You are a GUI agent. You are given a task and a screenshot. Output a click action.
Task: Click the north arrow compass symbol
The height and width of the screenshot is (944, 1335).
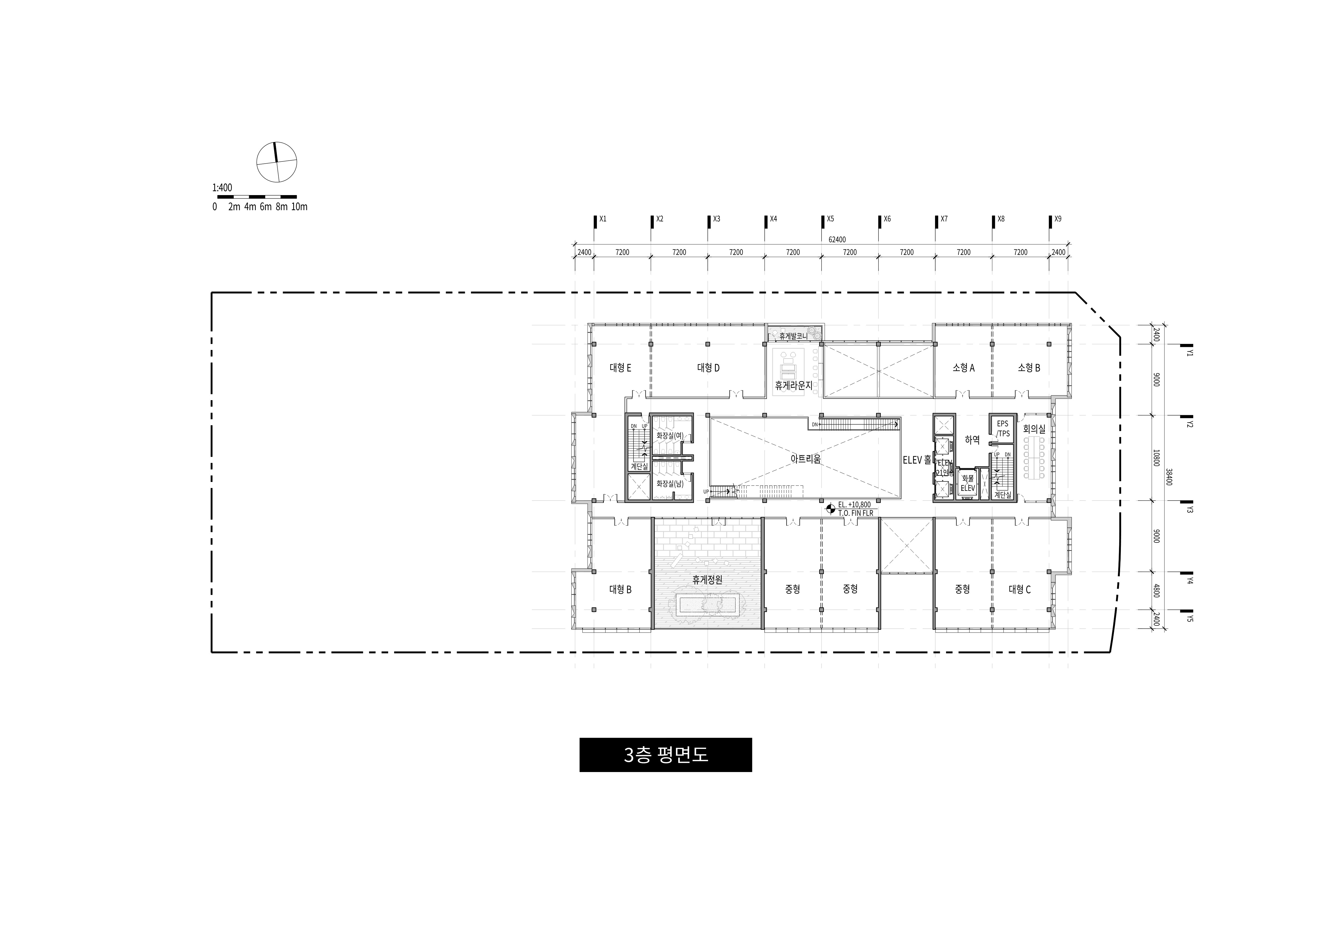[x=277, y=162]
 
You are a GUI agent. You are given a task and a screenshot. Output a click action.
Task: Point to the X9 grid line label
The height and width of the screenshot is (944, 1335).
[x=1058, y=219]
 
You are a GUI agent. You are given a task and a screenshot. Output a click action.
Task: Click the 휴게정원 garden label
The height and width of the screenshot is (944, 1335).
[x=707, y=580]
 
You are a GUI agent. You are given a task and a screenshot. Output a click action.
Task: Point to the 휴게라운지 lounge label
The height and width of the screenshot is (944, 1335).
[x=793, y=385]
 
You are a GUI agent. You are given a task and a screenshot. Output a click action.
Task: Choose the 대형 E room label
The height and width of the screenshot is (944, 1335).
[x=620, y=368]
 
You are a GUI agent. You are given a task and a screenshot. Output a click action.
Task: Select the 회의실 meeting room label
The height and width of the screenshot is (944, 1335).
[x=1034, y=429]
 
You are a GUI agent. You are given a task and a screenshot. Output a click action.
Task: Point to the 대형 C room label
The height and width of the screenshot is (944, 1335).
[x=1019, y=589]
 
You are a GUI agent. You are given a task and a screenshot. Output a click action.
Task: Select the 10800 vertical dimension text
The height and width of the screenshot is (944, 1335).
[x=1156, y=458]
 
